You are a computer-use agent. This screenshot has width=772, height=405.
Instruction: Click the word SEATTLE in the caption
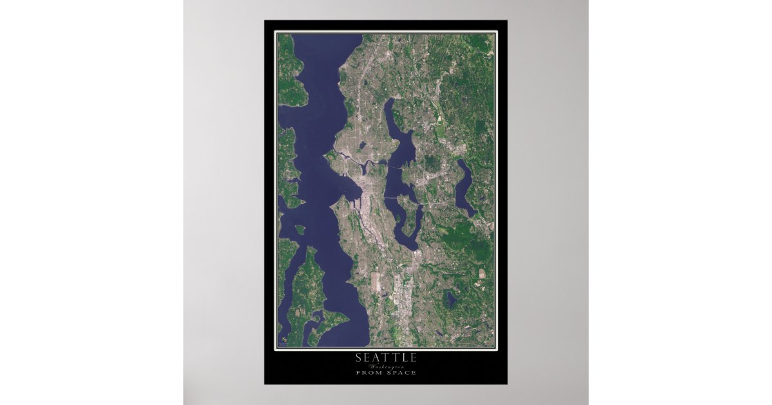point(385,358)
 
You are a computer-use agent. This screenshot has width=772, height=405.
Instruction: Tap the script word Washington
point(385,366)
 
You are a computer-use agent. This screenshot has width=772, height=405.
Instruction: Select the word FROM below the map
point(369,373)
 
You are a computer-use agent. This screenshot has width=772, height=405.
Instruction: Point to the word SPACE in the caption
point(401,373)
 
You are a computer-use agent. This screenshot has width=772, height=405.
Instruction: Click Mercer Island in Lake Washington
point(403,215)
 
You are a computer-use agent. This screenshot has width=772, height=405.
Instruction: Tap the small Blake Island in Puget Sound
point(300,230)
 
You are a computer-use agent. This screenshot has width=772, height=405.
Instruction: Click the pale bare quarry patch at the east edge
point(482,273)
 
